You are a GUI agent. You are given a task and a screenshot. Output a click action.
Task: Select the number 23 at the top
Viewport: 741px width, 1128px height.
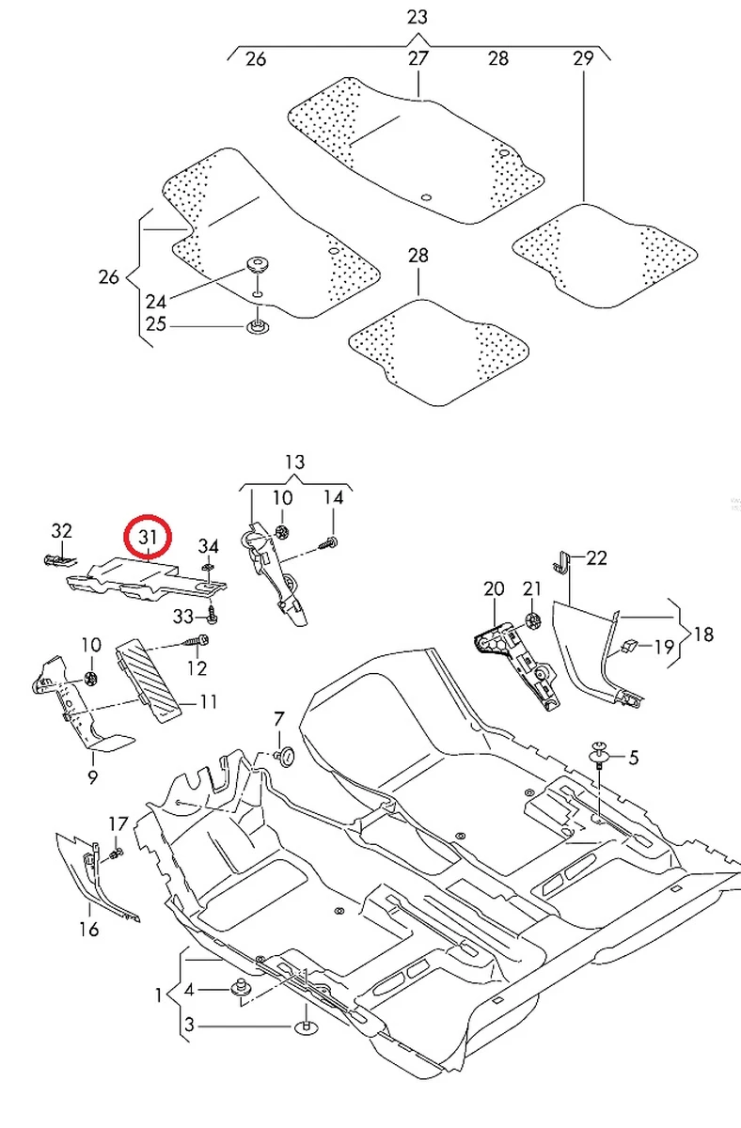point(418,17)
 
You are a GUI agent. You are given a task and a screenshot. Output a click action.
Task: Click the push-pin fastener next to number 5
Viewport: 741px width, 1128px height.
point(599,751)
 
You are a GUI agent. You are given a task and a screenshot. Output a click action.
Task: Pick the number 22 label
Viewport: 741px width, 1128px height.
point(596,558)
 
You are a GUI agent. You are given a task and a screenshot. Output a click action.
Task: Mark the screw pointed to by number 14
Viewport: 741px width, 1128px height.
point(329,542)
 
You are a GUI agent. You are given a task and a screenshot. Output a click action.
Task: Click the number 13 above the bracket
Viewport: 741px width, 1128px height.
point(294,462)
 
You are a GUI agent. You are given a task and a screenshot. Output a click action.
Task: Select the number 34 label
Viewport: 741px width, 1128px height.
point(209,547)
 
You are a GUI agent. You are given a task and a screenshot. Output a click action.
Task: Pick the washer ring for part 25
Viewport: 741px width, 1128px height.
point(255,327)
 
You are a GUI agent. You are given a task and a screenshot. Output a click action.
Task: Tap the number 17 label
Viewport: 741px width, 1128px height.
point(118,824)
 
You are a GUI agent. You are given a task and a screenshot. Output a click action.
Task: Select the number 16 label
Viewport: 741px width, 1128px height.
point(89,931)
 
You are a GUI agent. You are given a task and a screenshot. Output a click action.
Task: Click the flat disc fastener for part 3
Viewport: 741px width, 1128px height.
point(307,1026)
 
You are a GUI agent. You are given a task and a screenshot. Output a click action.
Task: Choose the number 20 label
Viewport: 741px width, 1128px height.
point(494,589)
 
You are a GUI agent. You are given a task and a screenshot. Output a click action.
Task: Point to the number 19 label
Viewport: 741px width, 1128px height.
point(664,646)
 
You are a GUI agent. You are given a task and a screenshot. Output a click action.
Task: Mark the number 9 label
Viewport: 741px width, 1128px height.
point(92,776)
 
